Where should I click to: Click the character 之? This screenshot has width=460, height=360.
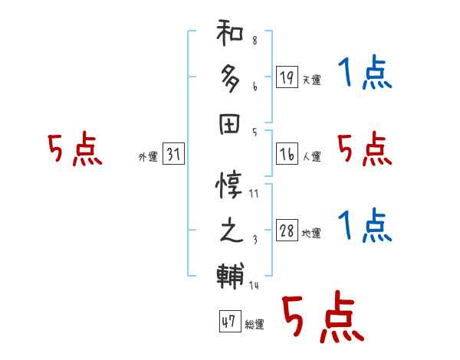click(231, 230)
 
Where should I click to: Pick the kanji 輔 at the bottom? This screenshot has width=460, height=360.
click(231, 273)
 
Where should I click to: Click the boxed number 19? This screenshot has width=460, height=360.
click(286, 77)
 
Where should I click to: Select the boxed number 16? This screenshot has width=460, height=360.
click(286, 154)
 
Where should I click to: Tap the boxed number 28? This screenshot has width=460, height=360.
click(287, 231)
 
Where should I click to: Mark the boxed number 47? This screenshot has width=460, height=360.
click(228, 322)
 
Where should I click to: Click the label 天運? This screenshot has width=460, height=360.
click(311, 80)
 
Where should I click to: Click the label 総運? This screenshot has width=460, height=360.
click(255, 325)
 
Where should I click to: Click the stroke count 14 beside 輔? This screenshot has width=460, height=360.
click(254, 286)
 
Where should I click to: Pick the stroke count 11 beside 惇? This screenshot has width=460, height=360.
click(254, 194)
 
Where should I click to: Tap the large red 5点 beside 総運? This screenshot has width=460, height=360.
click(323, 318)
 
